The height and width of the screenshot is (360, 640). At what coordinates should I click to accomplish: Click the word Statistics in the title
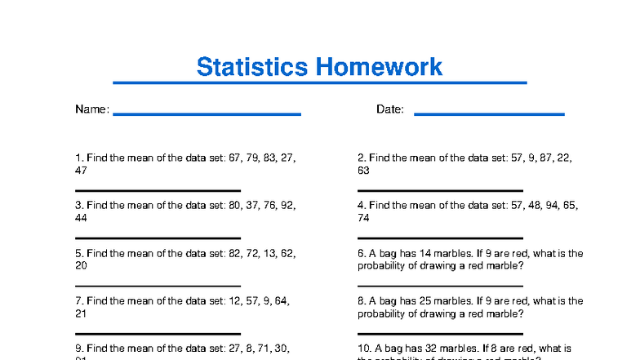[x=253, y=66]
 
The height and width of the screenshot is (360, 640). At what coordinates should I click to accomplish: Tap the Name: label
[x=92, y=109]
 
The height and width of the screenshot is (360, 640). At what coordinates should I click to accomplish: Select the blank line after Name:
[x=207, y=114]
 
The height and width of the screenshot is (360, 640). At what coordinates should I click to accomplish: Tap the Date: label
[x=390, y=109]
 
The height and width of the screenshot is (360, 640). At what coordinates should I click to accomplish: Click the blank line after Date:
[x=489, y=114]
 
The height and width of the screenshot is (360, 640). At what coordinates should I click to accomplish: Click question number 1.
[x=79, y=158]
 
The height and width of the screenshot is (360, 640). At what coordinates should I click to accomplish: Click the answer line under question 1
[x=158, y=191]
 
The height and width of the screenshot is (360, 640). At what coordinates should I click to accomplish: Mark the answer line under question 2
[x=440, y=191]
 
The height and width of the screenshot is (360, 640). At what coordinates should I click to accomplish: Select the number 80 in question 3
[x=236, y=206]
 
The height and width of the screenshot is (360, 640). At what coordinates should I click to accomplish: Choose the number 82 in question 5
[x=236, y=253]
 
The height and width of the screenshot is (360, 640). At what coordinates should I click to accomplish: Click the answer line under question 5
[x=158, y=287]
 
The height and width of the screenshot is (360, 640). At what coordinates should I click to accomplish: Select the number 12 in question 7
[x=236, y=300]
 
